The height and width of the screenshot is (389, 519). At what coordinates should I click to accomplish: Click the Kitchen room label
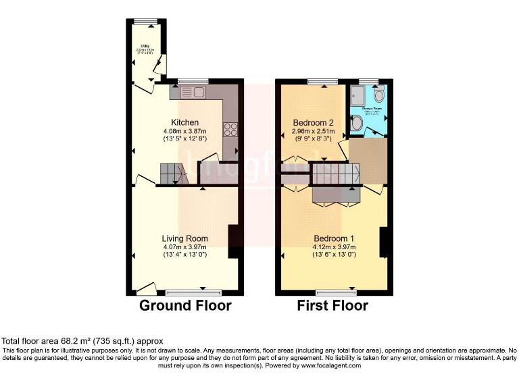pos(184,122)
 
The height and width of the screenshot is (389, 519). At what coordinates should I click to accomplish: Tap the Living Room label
pos(184,238)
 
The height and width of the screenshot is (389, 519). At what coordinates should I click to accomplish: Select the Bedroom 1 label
pos(333,238)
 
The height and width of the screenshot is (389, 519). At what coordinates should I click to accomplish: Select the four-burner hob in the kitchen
pos(230,128)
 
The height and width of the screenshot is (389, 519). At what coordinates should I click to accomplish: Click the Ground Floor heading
pos(185,306)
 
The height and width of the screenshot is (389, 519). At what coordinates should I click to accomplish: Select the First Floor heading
pos(332,306)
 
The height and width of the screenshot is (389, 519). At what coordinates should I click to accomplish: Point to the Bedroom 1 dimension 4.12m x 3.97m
pos(333,247)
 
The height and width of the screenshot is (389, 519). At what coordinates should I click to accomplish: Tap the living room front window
pos(193,293)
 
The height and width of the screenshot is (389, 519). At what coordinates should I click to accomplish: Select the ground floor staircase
pos(172,174)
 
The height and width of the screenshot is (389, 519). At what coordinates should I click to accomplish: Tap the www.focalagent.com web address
pos(331,365)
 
